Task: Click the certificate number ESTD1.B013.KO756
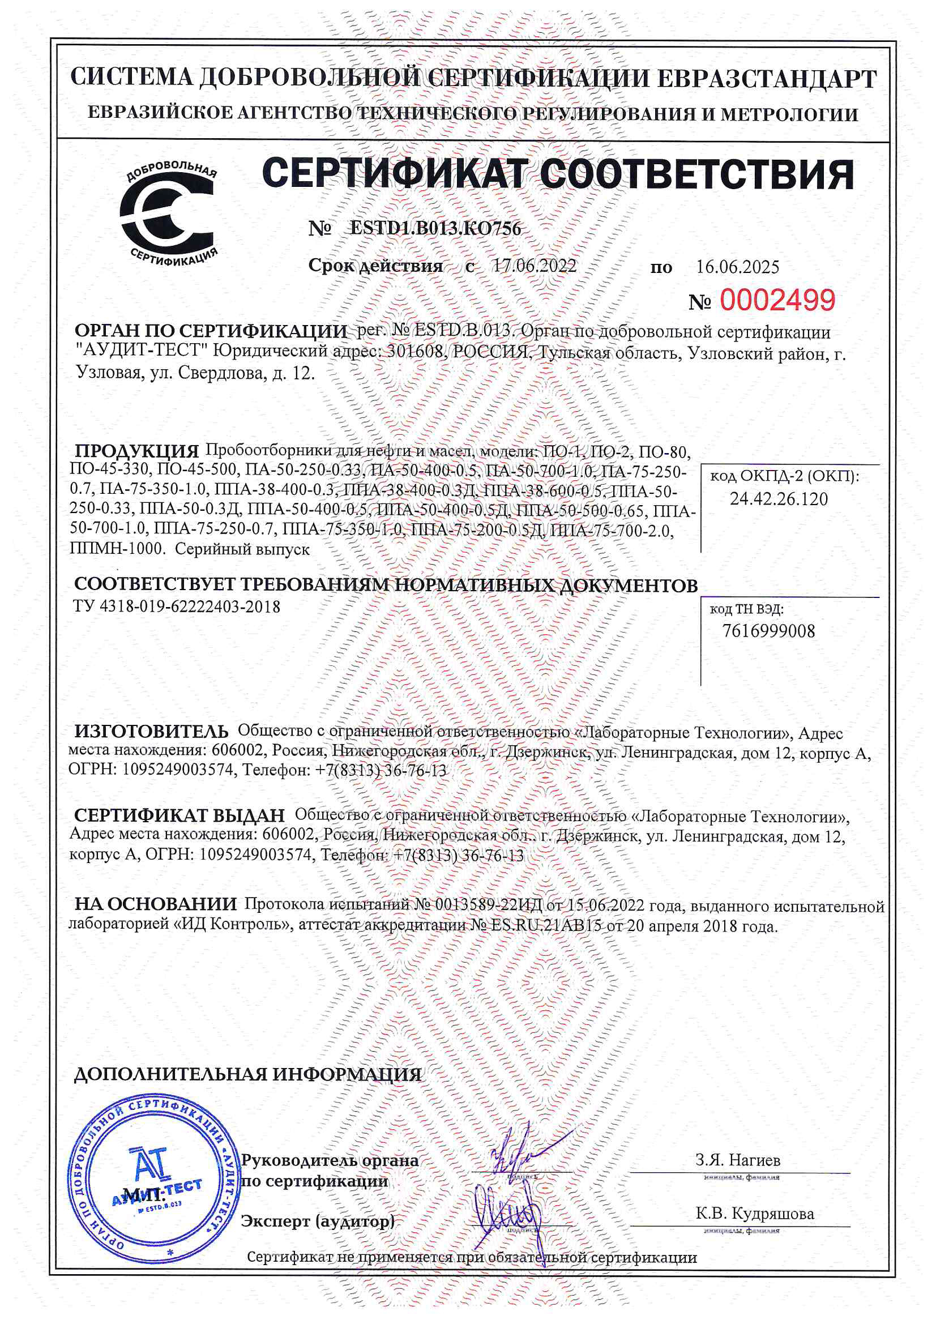[x=435, y=228]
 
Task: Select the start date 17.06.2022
[x=534, y=266]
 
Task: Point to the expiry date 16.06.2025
[x=738, y=267]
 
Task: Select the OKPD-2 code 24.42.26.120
[x=779, y=499]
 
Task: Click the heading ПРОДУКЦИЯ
[x=136, y=451]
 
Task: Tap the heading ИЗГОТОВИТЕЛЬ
[x=151, y=732]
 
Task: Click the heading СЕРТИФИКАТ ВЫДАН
[x=179, y=815]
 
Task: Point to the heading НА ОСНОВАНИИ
[x=156, y=904]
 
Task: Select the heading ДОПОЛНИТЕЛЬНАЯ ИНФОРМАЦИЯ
[x=247, y=1074]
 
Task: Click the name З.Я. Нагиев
[x=738, y=1160]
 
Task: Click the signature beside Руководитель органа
[x=519, y=1150]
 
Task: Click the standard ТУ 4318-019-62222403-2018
[x=177, y=607]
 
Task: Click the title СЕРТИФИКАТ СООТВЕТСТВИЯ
[x=558, y=174]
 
